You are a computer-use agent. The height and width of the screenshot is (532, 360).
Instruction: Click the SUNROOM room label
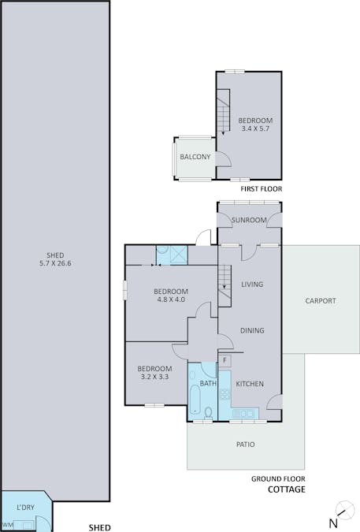(x=249, y=220)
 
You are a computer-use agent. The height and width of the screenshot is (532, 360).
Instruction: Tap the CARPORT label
(x=321, y=300)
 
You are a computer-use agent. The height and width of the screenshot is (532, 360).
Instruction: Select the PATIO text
(x=246, y=445)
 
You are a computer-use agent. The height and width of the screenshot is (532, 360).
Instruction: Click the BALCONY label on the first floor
(x=195, y=157)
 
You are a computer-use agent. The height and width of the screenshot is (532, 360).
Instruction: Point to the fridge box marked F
(x=225, y=360)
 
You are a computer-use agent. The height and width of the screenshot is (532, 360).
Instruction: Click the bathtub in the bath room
(x=195, y=400)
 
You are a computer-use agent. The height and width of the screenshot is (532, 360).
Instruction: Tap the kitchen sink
(x=243, y=413)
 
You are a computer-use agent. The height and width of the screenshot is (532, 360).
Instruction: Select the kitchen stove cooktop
(x=225, y=394)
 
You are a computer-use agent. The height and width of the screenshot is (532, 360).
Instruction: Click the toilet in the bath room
(x=208, y=412)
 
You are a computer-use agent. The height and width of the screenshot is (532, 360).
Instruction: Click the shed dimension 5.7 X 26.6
(x=55, y=263)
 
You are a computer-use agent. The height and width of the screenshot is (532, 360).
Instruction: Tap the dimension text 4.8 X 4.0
(x=171, y=299)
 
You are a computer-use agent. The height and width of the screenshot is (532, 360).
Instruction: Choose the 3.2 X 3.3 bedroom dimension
(x=154, y=376)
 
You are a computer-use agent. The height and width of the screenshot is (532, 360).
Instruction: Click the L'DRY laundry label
(x=25, y=508)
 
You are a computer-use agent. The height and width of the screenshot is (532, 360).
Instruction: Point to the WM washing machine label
(x=9, y=525)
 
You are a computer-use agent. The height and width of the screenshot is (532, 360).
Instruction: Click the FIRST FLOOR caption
(x=261, y=188)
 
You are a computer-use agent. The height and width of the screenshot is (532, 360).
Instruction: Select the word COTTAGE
(x=287, y=489)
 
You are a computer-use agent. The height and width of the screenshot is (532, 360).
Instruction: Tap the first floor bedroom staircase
(x=223, y=111)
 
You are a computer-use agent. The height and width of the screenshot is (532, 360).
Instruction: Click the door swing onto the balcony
(x=224, y=158)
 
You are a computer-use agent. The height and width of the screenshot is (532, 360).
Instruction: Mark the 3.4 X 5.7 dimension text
(x=255, y=128)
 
